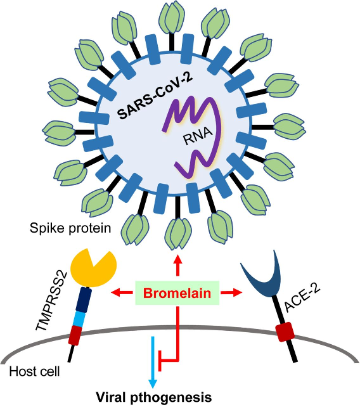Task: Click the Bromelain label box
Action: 177,293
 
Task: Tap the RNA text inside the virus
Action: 198,136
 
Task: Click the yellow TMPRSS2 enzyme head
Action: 94,268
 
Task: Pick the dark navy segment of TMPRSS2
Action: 84,300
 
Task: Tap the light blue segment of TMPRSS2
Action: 80,319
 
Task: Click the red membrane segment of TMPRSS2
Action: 75,335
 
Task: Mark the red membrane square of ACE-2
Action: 285,332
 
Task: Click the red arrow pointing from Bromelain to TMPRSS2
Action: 122,292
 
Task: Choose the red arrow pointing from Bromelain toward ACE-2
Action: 231,292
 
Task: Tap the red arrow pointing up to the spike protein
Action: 177,265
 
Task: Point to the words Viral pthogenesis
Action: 153,397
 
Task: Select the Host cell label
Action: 34,371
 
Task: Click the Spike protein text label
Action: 70,228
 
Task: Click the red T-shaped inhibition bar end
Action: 160,361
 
